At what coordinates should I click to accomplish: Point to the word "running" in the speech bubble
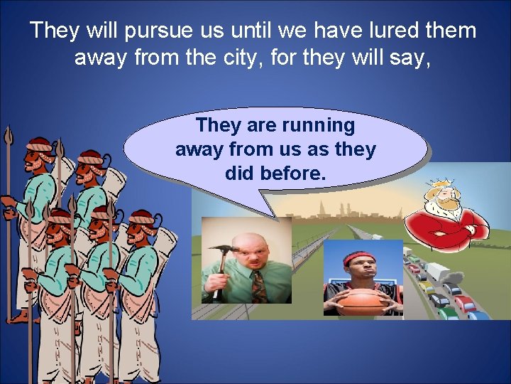[x=318, y=126]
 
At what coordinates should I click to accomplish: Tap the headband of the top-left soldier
[x=40, y=146]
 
